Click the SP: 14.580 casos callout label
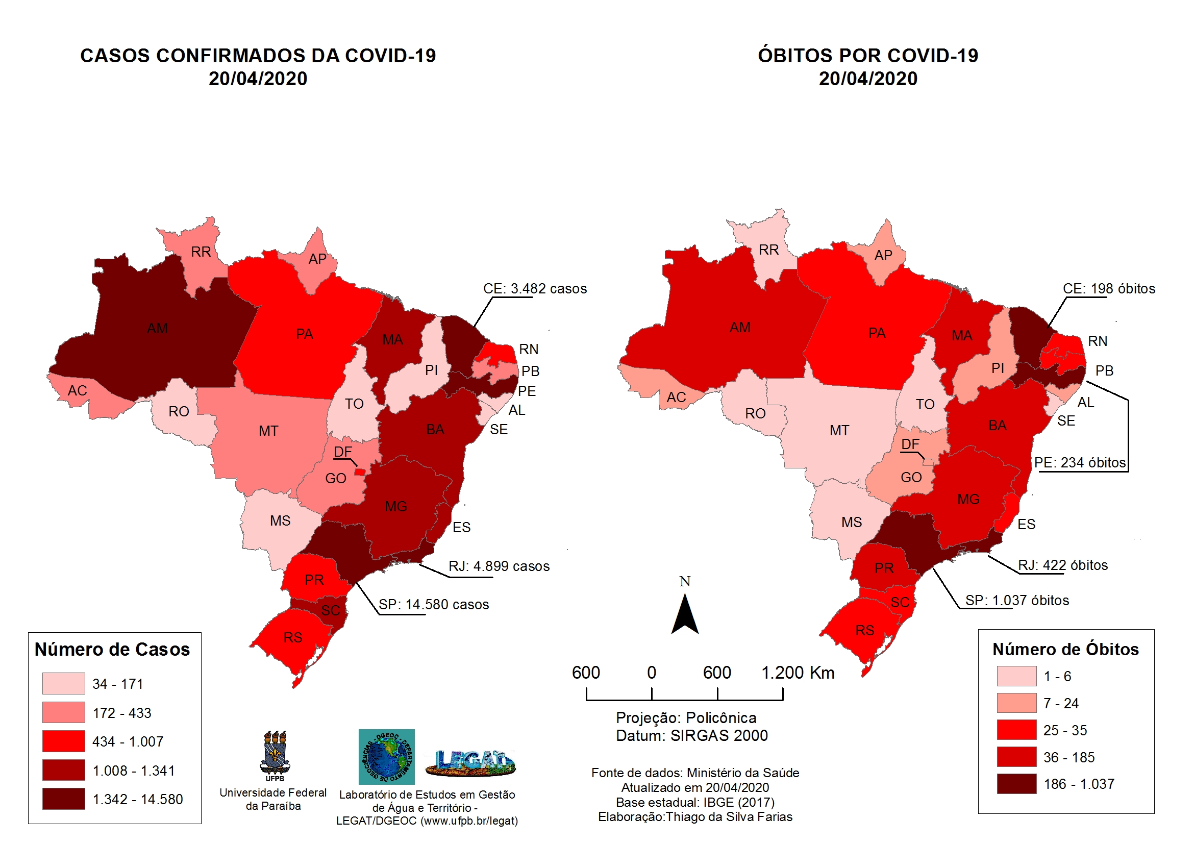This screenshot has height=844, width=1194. click(x=433, y=604)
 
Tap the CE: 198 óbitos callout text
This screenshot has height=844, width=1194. click(x=1108, y=289)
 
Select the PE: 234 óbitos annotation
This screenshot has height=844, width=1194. click(x=1079, y=462)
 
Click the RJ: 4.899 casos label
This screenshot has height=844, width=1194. click(x=499, y=566)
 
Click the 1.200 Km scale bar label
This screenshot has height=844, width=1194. click(x=797, y=673)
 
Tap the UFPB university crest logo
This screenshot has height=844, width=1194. click(x=275, y=755)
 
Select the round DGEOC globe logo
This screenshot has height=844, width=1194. click(x=386, y=757)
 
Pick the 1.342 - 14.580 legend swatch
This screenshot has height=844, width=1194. click(x=63, y=799)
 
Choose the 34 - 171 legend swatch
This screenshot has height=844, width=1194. click(x=63, y=683)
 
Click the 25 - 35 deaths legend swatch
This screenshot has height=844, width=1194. click(x=1016, y=730)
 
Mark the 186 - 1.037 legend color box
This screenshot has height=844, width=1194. click(x=1016, y=784)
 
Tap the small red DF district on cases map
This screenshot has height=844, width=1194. click(x=359, y=472)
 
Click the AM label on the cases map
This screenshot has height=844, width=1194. click(x=157, y=329)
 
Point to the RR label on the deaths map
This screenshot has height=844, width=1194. click(x=768, y=250)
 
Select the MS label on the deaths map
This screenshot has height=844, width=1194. click(x=851, y=522)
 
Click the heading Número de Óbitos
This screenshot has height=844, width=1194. click(x=1065, y=649)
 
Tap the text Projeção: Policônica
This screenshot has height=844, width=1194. click(x=686, y=717)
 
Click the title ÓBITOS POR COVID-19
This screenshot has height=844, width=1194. click(x=867, y=56)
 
